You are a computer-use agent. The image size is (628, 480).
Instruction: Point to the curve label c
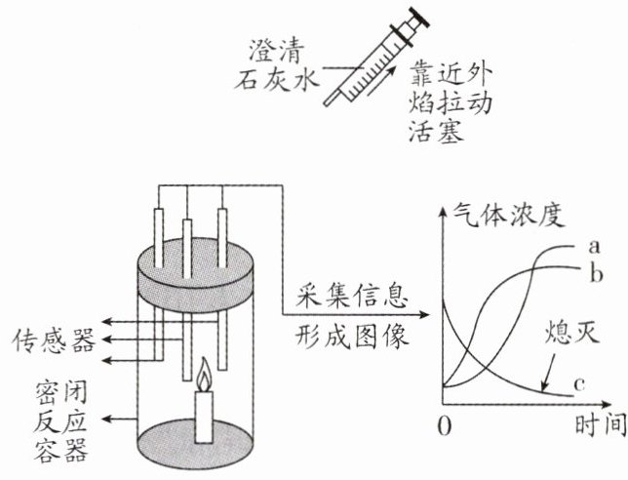[578, 384]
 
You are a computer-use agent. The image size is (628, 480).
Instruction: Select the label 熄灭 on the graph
[570, 336]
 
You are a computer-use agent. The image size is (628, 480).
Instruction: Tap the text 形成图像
[348, 338]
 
